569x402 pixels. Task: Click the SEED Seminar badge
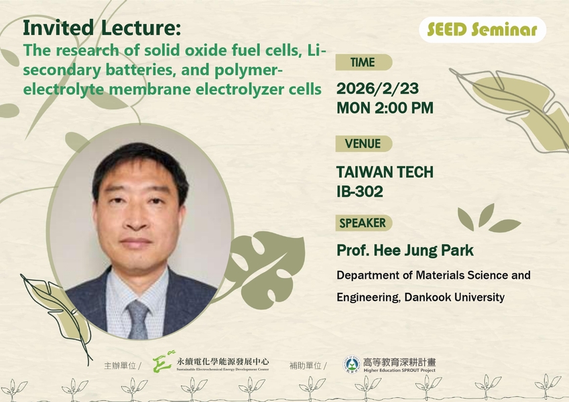click(x=483, y=29)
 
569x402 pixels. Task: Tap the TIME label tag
click(x=363, y=63)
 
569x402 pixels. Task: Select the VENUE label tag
click(x=363, y=143)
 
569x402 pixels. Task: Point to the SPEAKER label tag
click(x=363, y=223)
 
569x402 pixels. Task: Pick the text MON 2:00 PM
click(x=385, y=107)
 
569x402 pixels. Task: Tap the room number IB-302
click(x=360, y=192)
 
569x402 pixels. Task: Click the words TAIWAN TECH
click(x=385, y=172)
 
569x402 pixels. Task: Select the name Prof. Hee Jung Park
click(x=405, y=251)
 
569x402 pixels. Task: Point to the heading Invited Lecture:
click(x=101, y=29)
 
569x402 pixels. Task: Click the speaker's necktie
click(x=139, y=319)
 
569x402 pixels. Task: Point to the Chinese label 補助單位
click(x=306, y=366)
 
